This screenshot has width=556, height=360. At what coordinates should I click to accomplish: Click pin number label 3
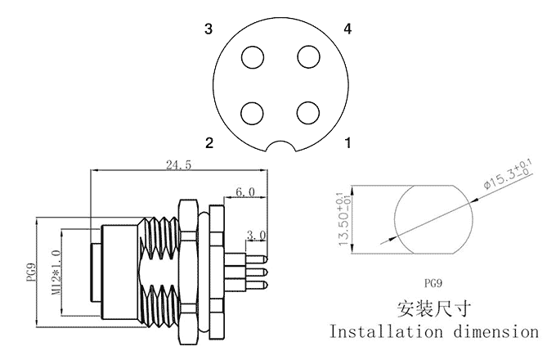click(x=209, y=30)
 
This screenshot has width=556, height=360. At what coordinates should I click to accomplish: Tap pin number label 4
click(x=348, y=30)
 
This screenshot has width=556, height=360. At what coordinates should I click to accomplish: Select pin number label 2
click(x=209, y=144)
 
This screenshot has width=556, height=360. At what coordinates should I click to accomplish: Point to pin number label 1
click(x=348, y=144)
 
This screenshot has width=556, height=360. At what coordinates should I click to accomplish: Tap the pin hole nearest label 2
click(x=253, y=110)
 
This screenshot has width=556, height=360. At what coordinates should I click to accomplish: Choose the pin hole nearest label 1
click(x=307, y=110)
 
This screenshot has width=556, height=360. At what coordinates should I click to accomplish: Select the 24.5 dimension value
click(x=178, y=165)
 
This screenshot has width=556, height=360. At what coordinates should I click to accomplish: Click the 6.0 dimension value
click(x=245, y=192)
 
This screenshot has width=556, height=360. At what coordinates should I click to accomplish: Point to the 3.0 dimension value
click(x=256, y=236)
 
